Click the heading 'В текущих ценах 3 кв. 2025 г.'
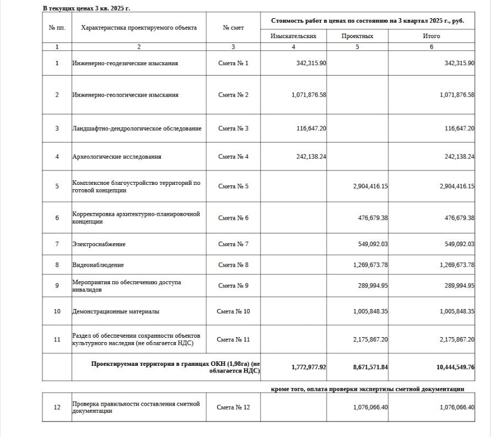(87, 8)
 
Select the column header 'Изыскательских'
(293, 36)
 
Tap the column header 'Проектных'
(357, 36)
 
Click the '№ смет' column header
(233, 28)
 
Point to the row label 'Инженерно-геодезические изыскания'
(125, 63)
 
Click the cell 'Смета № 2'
(233, 95)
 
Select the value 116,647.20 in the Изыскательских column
(310, 129)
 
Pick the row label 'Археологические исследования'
(117, 157)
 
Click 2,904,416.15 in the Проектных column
(370, 186)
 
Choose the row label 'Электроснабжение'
(99, 244)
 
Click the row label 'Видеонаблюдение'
(98, 265)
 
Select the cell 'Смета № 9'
(233, 286)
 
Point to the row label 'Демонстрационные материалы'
(116, 312)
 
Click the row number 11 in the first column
(57, 339)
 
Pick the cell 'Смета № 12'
(233, 408)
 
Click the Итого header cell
(431, 36)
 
